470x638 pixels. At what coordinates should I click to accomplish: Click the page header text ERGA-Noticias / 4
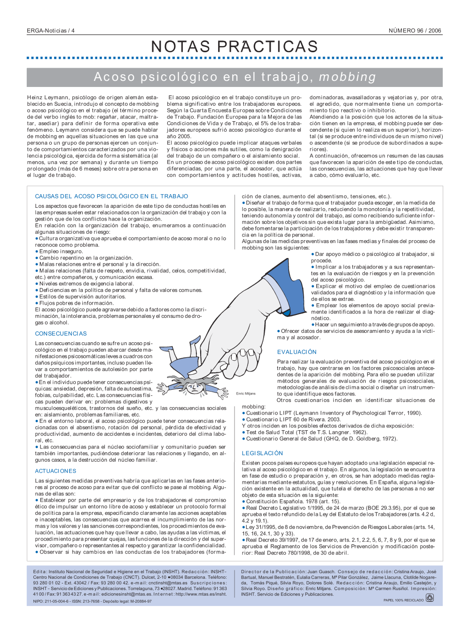(x=50, y=31)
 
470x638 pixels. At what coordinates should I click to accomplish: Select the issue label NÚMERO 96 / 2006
(x=415, y=31)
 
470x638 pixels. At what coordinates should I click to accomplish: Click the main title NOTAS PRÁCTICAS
(x=235, y=47)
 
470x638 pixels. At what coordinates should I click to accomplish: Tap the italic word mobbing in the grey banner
(x=347, y=77)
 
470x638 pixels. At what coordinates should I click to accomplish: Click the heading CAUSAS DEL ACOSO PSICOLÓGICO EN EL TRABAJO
(x=111, y=197)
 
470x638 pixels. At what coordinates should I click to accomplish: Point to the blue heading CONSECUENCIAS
(x=61, y=334)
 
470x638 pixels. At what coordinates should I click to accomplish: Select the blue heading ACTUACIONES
(x=55, y=471)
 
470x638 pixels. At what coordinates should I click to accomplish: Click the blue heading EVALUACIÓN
(x=297, y=352)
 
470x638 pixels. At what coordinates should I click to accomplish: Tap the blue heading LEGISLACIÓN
(x=262, y=453)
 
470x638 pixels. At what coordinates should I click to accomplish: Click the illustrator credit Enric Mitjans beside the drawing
(x=246, y=394)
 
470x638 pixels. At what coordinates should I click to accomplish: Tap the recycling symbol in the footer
(x=430, y=598)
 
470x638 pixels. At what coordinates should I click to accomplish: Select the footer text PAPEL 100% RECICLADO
(x=403, y=600)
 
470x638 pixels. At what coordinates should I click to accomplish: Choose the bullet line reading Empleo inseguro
(x=61, y=252)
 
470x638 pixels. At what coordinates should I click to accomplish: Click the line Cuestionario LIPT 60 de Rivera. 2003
(x=293, y=419)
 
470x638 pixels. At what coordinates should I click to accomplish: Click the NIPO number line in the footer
(x=92, y=601)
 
